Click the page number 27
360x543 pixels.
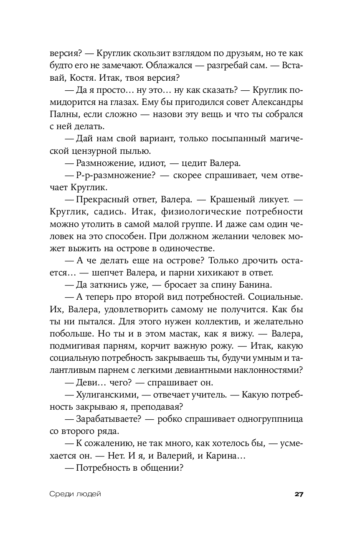click(x=298, y=494)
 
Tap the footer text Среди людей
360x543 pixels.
click(x=75, y=494)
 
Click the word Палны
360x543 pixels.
click(x=63, y=115)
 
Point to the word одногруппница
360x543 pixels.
click(x=269, y=418)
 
